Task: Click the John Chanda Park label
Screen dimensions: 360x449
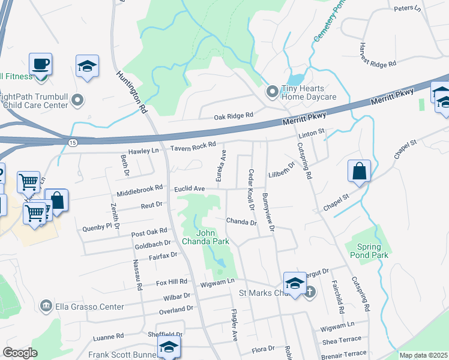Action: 213,237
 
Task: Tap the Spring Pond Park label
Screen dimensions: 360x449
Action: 369,251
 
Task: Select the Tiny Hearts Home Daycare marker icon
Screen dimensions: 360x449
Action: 273,91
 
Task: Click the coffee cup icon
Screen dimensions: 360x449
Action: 40,64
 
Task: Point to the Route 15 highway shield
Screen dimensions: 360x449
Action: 72,142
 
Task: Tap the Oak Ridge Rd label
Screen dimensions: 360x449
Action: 234,115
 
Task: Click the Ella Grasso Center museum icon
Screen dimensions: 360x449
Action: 46,307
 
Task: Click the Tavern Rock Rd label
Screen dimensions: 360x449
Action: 193,147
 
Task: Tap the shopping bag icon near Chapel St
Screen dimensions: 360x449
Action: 358,171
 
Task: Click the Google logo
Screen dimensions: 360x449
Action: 19,353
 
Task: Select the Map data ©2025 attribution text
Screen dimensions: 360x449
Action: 423,355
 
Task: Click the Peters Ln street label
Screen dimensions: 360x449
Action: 408,8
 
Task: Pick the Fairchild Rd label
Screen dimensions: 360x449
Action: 340,300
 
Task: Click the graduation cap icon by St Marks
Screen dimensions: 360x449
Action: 295,284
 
